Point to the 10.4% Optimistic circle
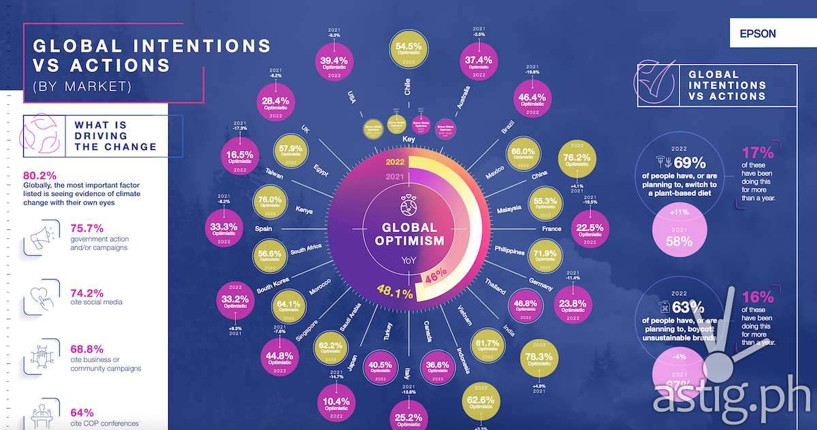pos(338,403)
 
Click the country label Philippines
pos(510,252)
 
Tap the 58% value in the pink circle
pos(679,241)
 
